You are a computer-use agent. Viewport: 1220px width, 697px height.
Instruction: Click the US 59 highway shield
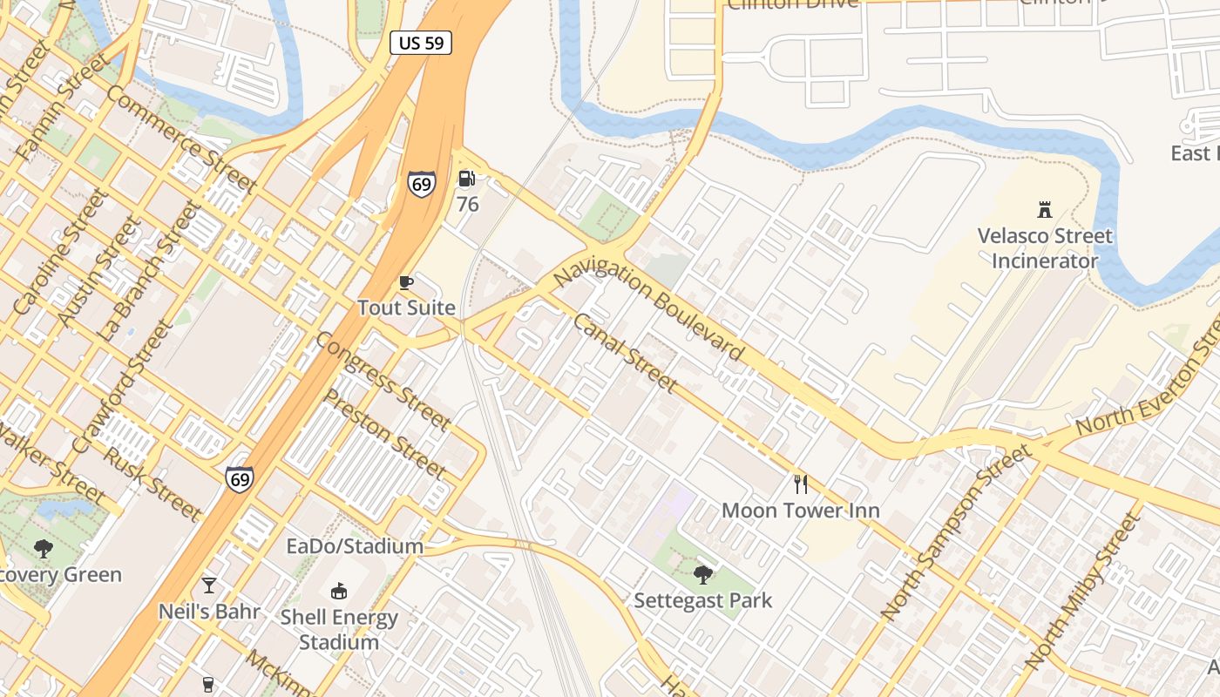tap(421, 43)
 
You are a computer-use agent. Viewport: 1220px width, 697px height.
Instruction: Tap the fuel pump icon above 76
tap(467, 179)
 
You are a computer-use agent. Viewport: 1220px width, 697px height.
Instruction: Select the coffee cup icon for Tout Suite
tap(405, 282)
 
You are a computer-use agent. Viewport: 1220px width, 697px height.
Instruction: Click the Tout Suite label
tap(406, 308)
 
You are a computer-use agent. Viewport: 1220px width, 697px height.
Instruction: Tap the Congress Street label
tap(383, 381)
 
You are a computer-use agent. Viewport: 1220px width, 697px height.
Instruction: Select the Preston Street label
tap(384, 433)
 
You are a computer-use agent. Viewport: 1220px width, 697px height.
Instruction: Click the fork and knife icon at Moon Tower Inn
tap(801, 484)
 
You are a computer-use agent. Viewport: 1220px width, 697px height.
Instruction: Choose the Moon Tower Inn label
tap(800, 511)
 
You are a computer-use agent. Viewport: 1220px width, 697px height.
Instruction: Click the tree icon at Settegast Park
tap(702, 575)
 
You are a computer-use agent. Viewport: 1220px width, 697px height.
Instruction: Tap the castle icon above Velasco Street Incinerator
tap(1044, 209)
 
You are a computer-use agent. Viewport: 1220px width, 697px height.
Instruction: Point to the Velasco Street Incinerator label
tap(1044, 248)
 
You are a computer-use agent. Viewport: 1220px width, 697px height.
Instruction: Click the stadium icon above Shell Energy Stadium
tap(339, 592)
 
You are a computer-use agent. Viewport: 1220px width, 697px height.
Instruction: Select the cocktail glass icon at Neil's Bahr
tap(209, 585)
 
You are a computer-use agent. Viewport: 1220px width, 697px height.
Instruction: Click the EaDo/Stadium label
tap(355, 546)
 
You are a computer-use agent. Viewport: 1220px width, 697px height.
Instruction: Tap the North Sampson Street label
tap(956, 532)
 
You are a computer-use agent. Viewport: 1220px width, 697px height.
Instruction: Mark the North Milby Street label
tap(1083, 592)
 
